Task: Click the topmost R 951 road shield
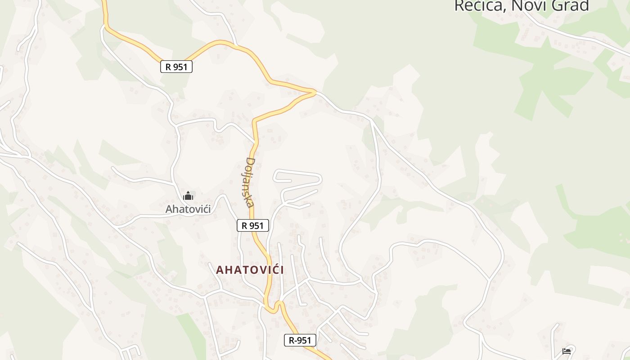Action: (x=176, y=67)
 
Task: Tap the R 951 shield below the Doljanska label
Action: (x=252, y=225)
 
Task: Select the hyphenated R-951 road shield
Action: (x=300, y=340)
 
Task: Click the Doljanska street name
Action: (x=250, y=182)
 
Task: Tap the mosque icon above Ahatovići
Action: (x=188, y=196)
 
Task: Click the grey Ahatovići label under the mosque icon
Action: (x=188, y=209)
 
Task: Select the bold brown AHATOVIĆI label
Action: (x=250, y=270)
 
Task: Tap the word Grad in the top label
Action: (x=571, y=5)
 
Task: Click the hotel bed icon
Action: (x=567, y=351)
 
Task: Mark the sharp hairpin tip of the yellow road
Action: (x=315, y=92)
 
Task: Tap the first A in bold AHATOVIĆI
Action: (x=220, y=270)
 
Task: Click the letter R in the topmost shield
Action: (x=168, y=67)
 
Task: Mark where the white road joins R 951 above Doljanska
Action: (x=255, y=142)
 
